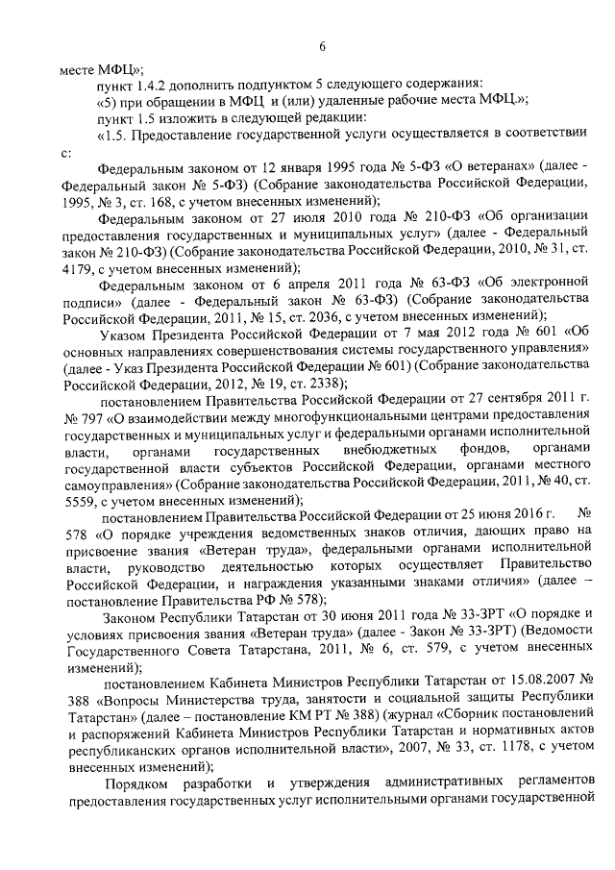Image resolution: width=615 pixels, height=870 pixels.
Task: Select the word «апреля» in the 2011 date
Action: click(297, 285)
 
